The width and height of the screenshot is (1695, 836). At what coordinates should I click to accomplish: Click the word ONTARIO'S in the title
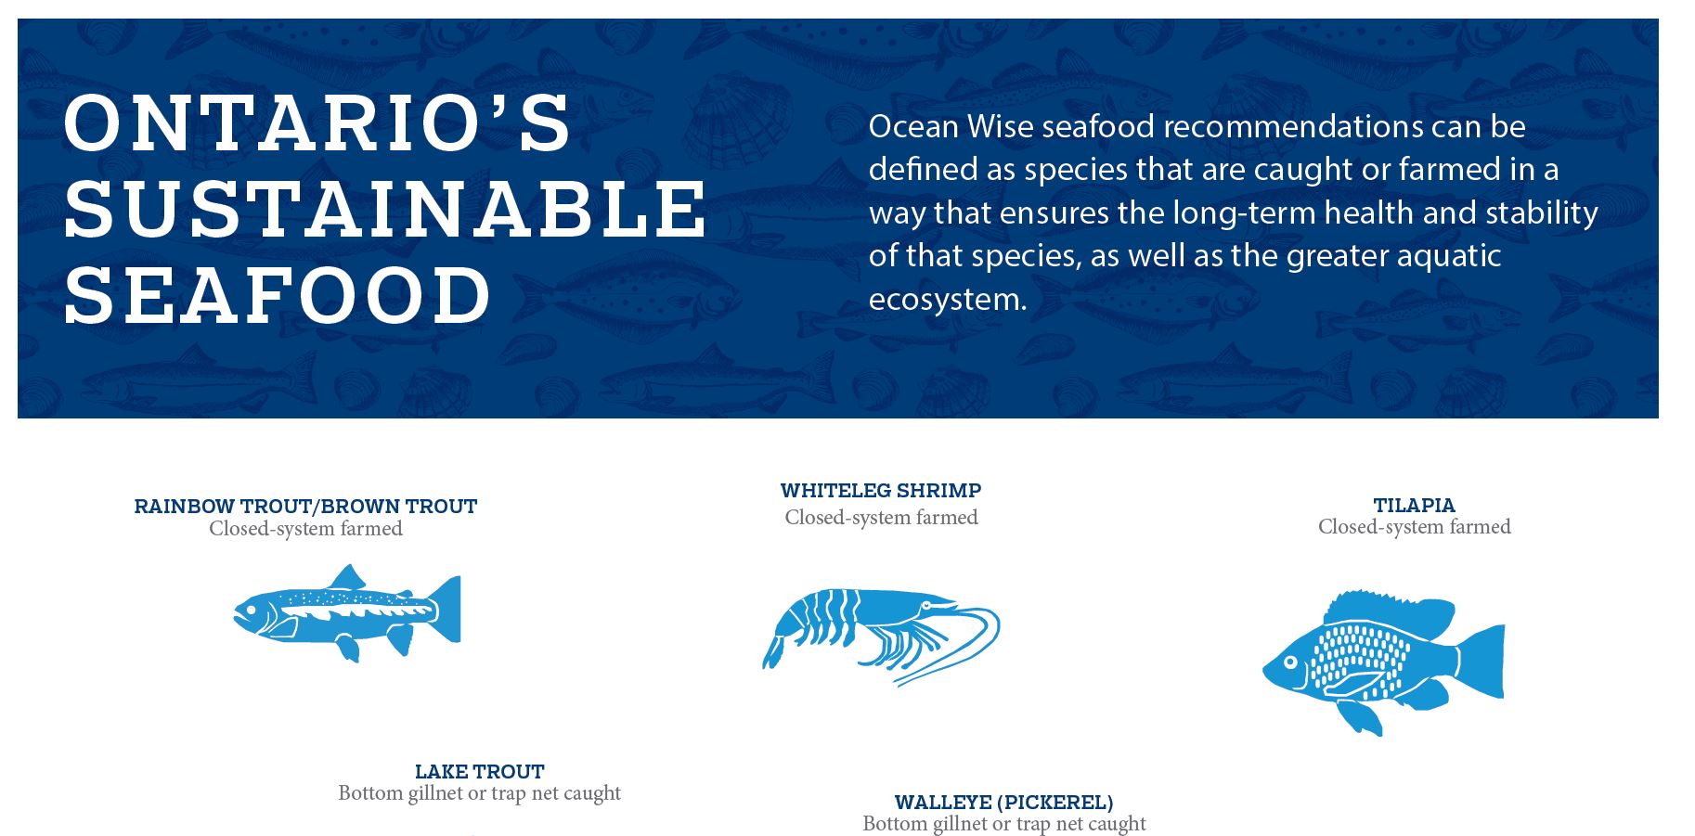[x=317, y=122]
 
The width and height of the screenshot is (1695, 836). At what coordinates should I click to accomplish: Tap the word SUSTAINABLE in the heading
[x=385, y=207]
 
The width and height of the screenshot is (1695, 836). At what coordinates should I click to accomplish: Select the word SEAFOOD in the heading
[x=278, y=294]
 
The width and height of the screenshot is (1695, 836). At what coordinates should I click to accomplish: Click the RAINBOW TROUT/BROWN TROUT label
[x=305, y=507]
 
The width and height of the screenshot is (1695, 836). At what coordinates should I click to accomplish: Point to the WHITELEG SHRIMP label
[x=881, y=490]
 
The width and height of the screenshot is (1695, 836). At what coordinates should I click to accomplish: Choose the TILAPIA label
[x=1414, y=506]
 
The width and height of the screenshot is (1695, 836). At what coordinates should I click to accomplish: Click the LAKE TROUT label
[x=479, y=771]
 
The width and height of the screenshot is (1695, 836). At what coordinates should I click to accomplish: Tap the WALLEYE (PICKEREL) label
[x=1003, y=802]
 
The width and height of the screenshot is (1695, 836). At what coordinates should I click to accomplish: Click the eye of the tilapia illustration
[x=1290, y=662]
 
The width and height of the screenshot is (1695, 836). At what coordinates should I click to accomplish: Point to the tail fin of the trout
[x=446, y=609]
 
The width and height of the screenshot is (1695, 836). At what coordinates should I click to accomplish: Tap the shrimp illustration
[x=880, y=637]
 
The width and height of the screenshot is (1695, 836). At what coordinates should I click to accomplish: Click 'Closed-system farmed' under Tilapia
[x=1414, y=527]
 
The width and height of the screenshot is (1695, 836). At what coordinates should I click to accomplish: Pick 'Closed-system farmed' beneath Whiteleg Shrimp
[x=881, y=518]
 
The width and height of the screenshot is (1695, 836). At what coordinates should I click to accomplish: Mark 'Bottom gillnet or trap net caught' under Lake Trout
[x=479, y=793]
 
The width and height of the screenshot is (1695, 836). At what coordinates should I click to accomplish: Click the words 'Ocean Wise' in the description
[x=951, y=126]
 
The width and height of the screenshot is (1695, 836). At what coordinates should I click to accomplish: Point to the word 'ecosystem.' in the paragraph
[x=948, y=300]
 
